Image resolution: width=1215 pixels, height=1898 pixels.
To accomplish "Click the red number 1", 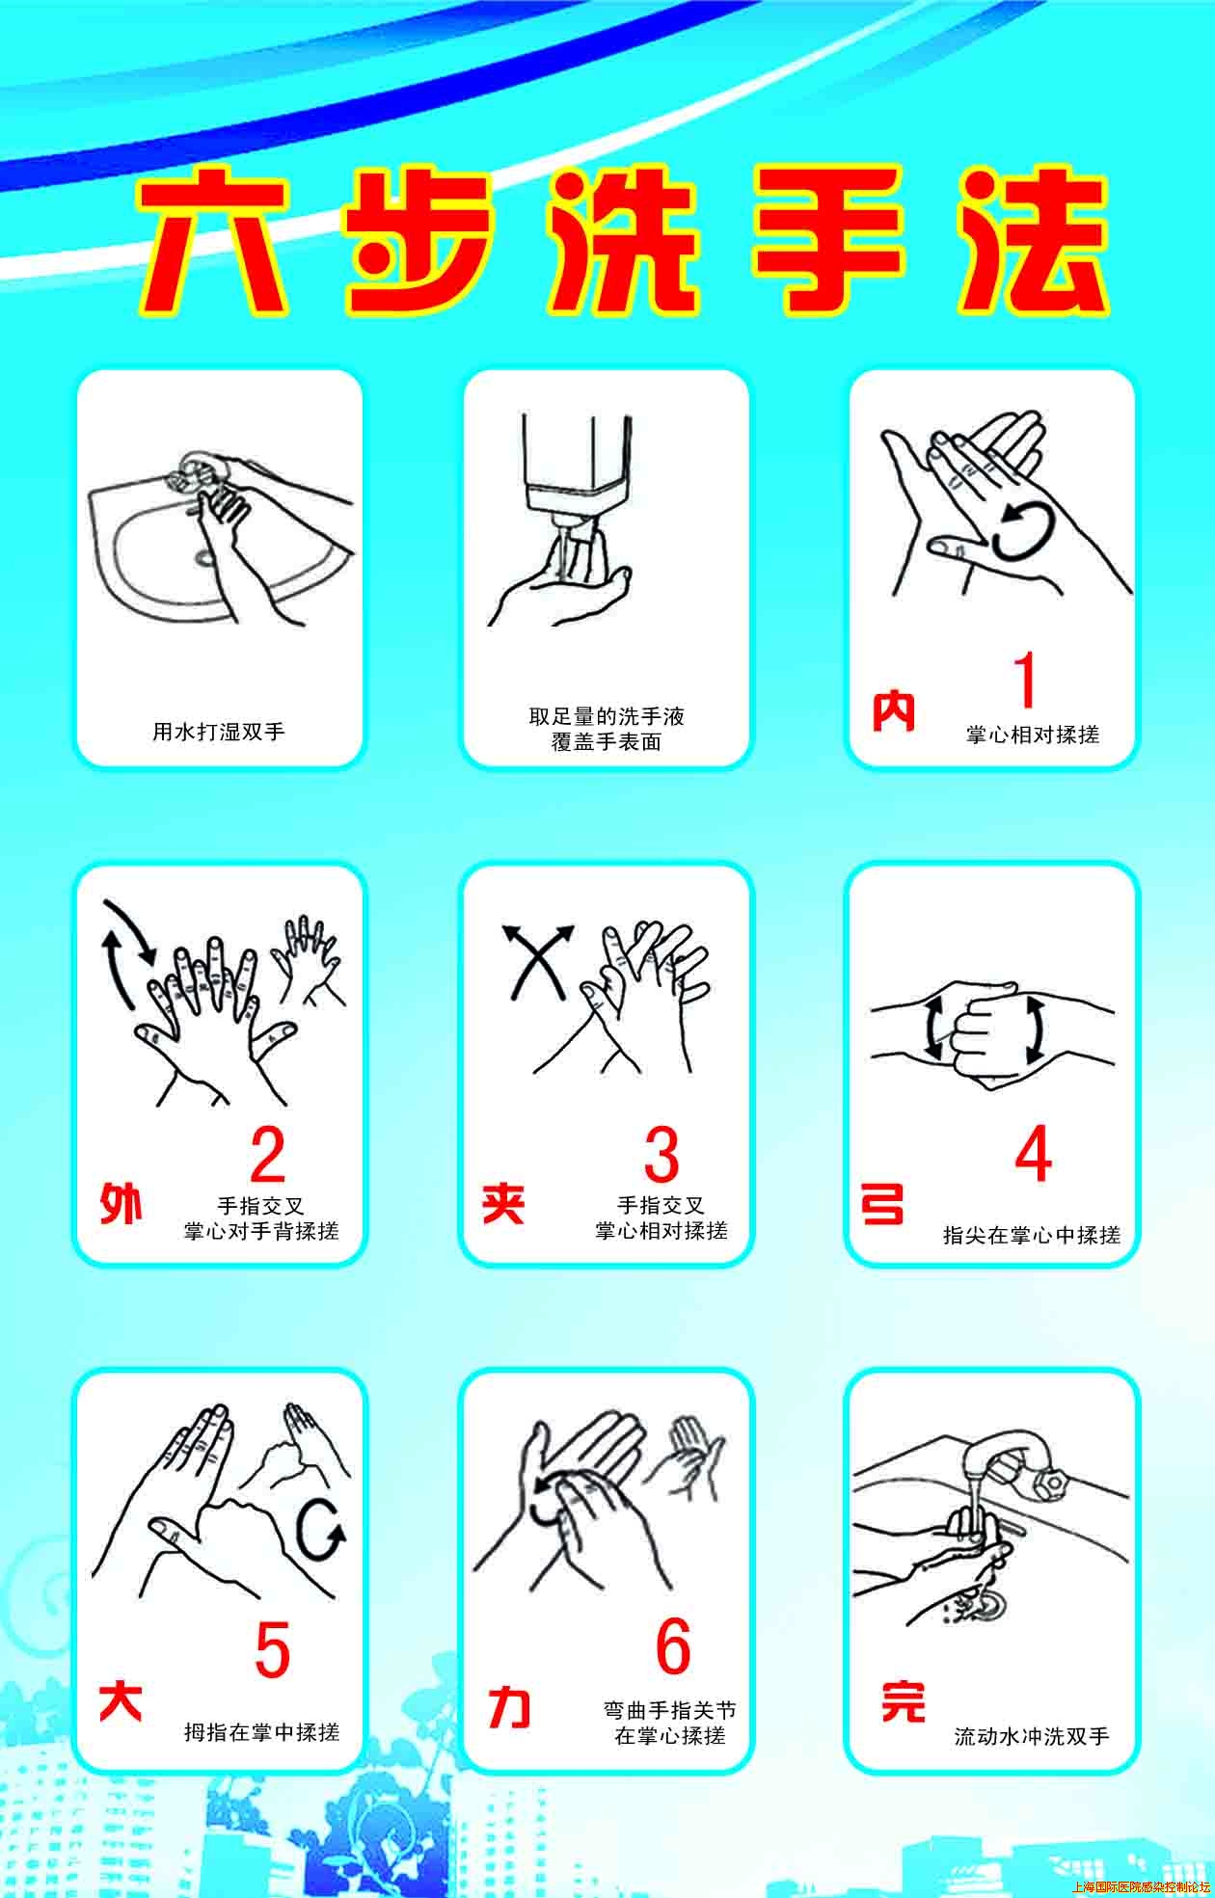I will (1026, 680).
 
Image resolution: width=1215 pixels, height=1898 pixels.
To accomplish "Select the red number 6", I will (673, 1646).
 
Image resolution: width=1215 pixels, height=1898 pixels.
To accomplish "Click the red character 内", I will (893, 712).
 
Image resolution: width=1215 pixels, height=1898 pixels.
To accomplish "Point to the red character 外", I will (121, 1204).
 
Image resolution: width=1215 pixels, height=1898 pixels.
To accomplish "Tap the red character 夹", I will (503, 1204).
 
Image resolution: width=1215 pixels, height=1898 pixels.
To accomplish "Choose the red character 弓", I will (882, 1204).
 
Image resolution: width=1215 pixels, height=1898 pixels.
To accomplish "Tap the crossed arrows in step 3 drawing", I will (537, 959).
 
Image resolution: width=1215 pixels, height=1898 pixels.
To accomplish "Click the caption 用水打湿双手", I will (219, 732).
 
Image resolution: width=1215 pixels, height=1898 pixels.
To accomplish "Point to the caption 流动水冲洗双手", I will (1032, 1736).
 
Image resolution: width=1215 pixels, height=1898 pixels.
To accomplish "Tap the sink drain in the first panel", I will (204, 556).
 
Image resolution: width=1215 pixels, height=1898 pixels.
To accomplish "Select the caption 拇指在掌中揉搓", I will (262, 1731).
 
